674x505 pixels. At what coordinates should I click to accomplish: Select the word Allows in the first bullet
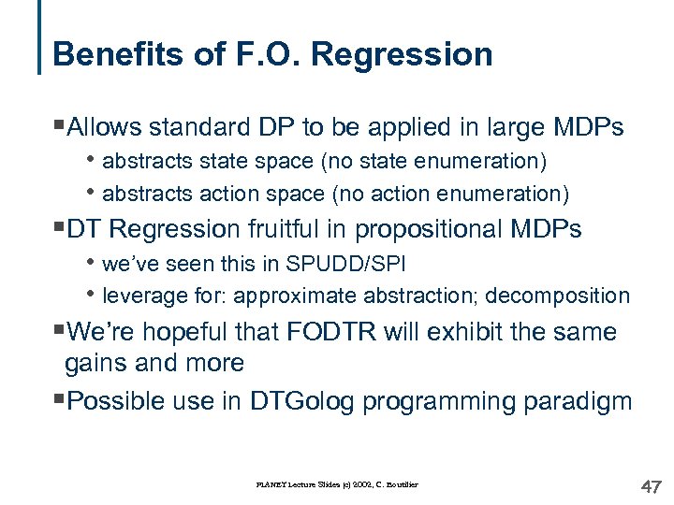(x=105, y=127)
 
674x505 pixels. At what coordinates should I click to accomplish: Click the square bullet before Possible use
(x=60, y=400)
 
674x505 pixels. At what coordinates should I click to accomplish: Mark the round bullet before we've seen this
(x=93, y=264)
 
